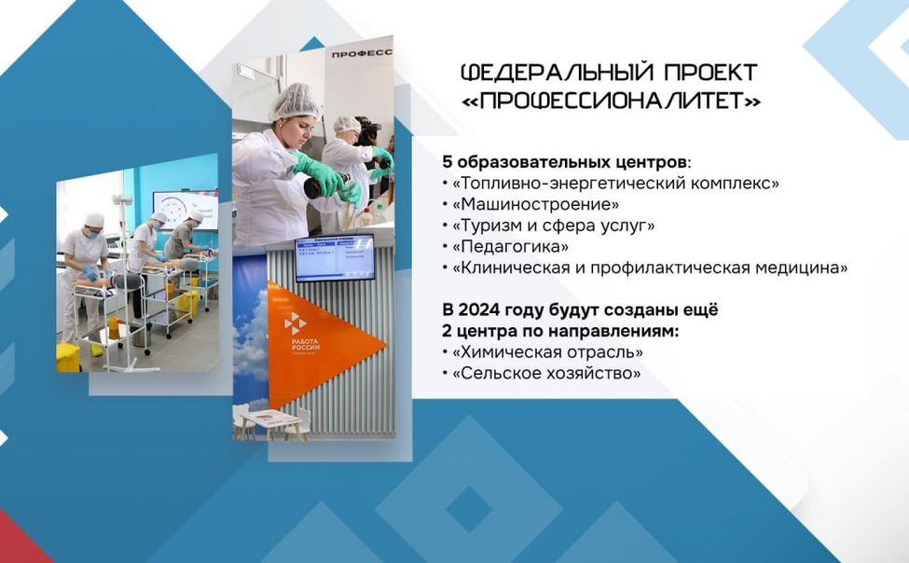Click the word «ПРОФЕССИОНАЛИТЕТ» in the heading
coord(611,101)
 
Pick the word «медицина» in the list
coord(812,268)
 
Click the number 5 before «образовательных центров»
coord(448,161)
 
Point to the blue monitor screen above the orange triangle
coord(335,257)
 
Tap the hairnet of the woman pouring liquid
coord(296,100)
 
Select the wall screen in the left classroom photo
coord(185,209)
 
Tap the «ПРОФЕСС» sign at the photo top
coord(362,53)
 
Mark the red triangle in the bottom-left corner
coord(21,541)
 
